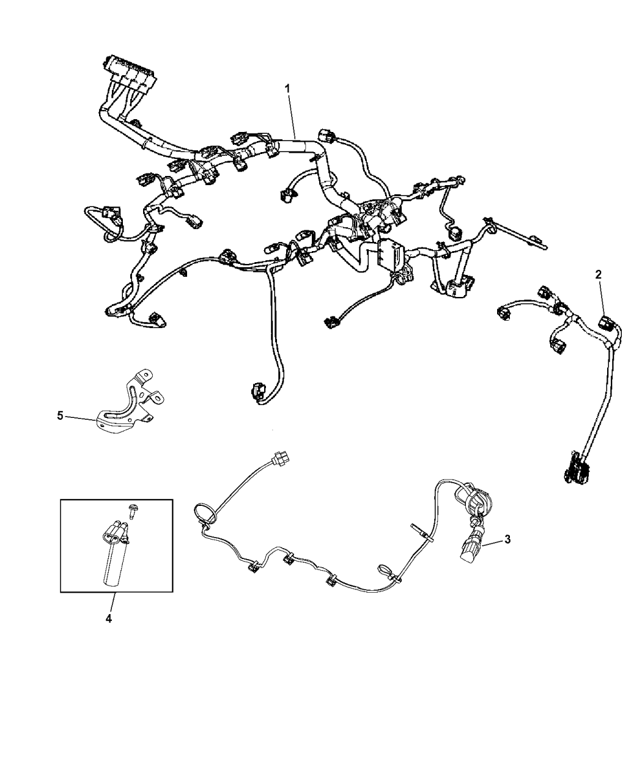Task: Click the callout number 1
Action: (x=287, y=89)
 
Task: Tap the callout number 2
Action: (x=599, y=274)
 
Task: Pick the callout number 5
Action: (x=60, y=415)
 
